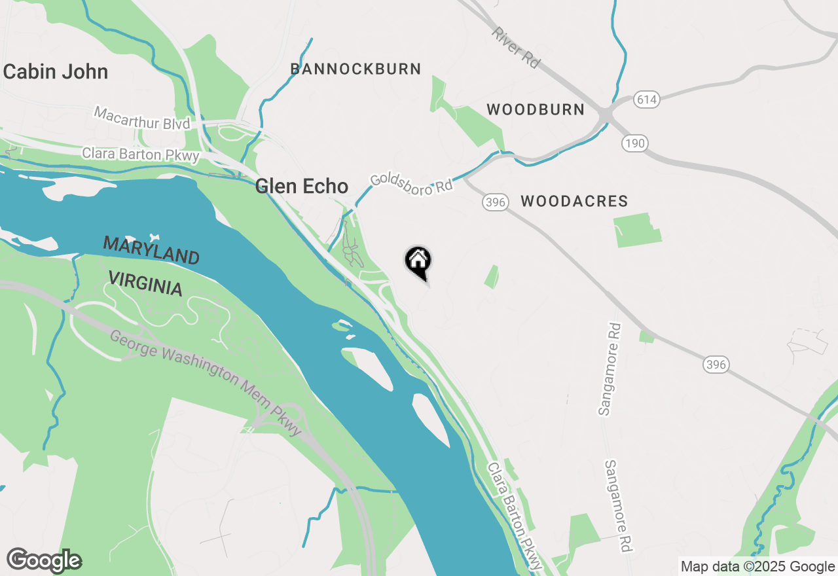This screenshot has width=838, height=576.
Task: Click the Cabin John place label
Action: pyautogui.click(x=56, y=71)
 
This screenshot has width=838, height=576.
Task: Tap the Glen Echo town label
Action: pyautogui.click(x=302, y=186)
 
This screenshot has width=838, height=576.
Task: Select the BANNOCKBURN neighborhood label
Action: pyautogui.click(x=355, y=69)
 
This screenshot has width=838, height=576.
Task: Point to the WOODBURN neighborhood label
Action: pyautogui.click(x=536, y=109)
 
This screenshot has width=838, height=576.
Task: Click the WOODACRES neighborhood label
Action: pyautogui.click(x=574, y=202)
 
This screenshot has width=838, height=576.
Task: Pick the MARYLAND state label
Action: pyautogui.click(x=151, y=251)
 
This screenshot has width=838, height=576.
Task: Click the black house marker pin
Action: pyautogui.click(x=418, y=261)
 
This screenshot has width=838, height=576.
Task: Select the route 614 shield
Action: pyautogui.click(x=646, y=100)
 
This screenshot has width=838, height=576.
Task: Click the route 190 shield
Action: pyautogui.click(x=634, y=143)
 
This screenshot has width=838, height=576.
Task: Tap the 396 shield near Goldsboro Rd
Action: pyautogui.click(x=496, y=202)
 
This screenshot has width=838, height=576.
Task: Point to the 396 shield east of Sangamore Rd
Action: pyautogui.click(x=716, y=364)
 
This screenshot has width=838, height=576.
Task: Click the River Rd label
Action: pyautogui.click(x=517, y=47)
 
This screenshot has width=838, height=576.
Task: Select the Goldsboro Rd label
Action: pyautogui.click(x=412, y=183)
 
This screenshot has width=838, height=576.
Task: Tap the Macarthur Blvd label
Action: pyautogui.click(x=142, y=118)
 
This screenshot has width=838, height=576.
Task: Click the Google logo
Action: pyautogui.click(x=44, y=560)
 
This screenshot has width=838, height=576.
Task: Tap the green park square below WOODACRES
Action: pyautogui.click(x=637, y=230)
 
